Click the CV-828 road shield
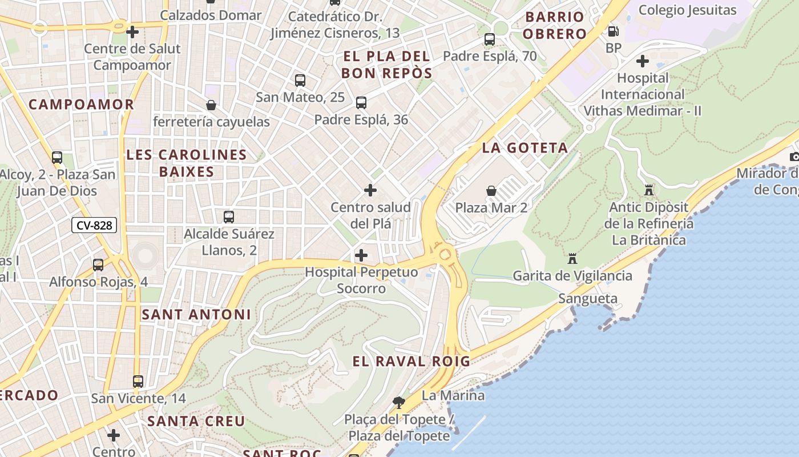[x=94, y=225]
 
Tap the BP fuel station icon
[x=614, y=31]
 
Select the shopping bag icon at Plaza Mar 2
[x=491, y=190]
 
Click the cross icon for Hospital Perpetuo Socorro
[x=361, y=255]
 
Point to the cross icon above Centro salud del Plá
[x=370, y=190]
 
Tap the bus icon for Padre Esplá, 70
[x=490, y=39]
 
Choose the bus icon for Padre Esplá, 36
[x=361, y=103]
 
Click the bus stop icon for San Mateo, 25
[x=300, y=81]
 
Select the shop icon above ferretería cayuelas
[x=211, y=105]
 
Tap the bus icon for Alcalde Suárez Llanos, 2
[x=229, y=217]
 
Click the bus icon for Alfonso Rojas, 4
[x=98, y=265]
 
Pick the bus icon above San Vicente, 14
[x=138, y=381]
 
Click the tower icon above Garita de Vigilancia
[x=572, y=259]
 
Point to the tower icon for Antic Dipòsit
[x=649, y=190]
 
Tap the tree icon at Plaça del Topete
[x=399, y=402]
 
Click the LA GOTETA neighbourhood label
[x=525, y=148]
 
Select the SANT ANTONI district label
[x=196, y=314]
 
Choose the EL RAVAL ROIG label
[x=411, y=361]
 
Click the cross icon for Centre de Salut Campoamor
[x=132, y=32]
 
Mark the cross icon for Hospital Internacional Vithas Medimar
[x=643, y=61]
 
